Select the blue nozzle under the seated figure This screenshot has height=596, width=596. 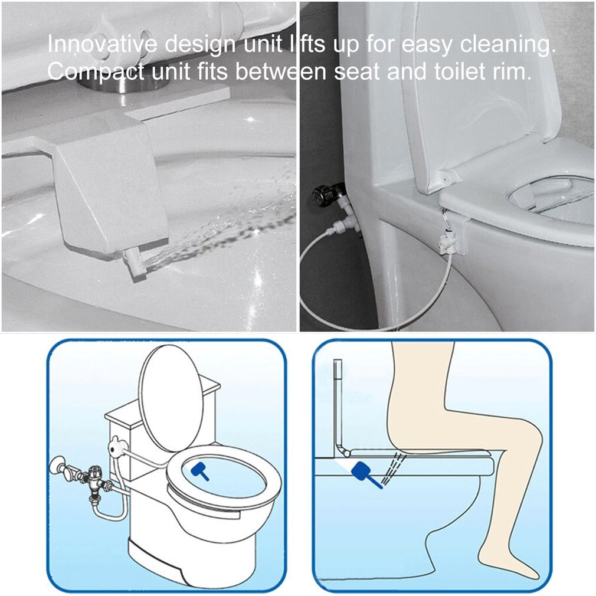pos(361,473)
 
